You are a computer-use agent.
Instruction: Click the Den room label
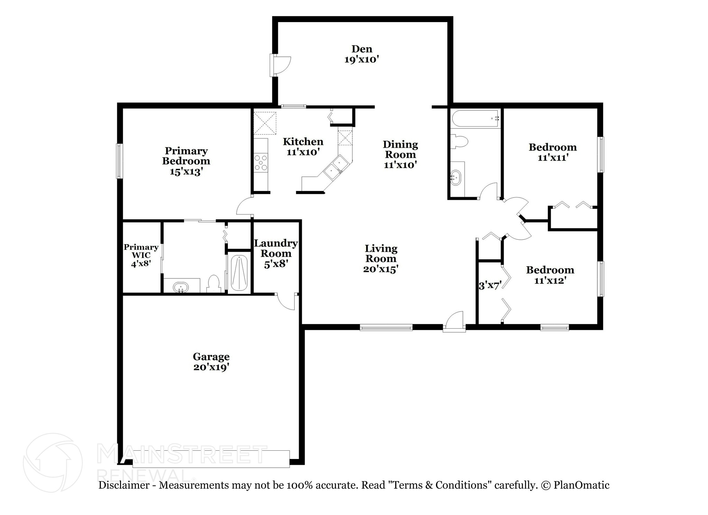point(362,49)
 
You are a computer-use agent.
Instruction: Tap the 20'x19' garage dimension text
point(211,367)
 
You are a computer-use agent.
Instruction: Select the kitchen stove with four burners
point(261,163)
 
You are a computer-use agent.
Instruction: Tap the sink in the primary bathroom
point(181,287)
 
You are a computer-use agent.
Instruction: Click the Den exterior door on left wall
point(281,65)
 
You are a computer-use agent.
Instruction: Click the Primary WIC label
point(141,251)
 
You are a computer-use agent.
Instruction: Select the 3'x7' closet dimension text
point(490,286)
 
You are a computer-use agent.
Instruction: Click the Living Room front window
point(386,327)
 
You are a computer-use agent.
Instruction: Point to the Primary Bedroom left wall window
point(119,161)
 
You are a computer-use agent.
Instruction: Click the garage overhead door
point(211,459)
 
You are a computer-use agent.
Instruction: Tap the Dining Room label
point(400,149)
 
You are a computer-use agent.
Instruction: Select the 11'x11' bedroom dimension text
point(553,158)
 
